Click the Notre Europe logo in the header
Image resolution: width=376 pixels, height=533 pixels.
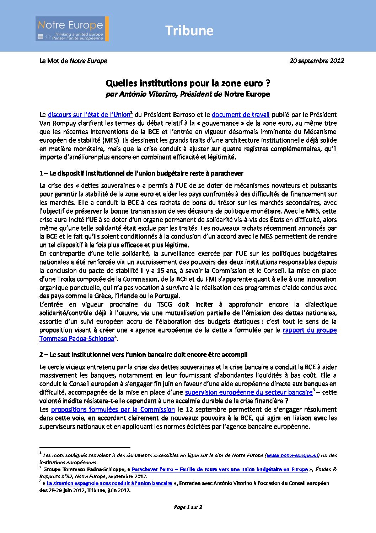coord(72,29)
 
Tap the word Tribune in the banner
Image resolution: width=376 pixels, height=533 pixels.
coord(189,31)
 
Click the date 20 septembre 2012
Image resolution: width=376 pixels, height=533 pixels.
coord(317,61)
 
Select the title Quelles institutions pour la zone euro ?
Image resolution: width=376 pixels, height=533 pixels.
coord(188,83)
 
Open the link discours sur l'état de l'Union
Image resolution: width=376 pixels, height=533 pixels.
coord(89,115)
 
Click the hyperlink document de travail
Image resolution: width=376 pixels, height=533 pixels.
coord(241,115)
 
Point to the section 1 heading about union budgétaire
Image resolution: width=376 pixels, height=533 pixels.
coord(141,174)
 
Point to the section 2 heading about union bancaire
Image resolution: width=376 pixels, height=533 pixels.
coord(144,355)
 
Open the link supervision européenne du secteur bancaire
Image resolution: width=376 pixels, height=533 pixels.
coord(248,393)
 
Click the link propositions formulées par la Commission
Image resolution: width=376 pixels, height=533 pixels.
coord(113,410)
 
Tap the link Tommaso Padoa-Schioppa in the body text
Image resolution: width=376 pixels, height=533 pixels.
coord(77,339)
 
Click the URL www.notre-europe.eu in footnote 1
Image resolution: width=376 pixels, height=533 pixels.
coord(292,455)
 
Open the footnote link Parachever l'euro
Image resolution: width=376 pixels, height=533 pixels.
coord(220,470)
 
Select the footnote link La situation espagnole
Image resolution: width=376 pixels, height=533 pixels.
coord(109,484)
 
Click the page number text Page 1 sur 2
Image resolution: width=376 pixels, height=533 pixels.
coord(188,507)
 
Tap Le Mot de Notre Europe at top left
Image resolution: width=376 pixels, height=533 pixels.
coord(73,61)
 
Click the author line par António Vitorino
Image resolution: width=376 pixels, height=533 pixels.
coord(188,94)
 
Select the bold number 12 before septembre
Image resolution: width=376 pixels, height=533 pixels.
coord(189,410)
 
